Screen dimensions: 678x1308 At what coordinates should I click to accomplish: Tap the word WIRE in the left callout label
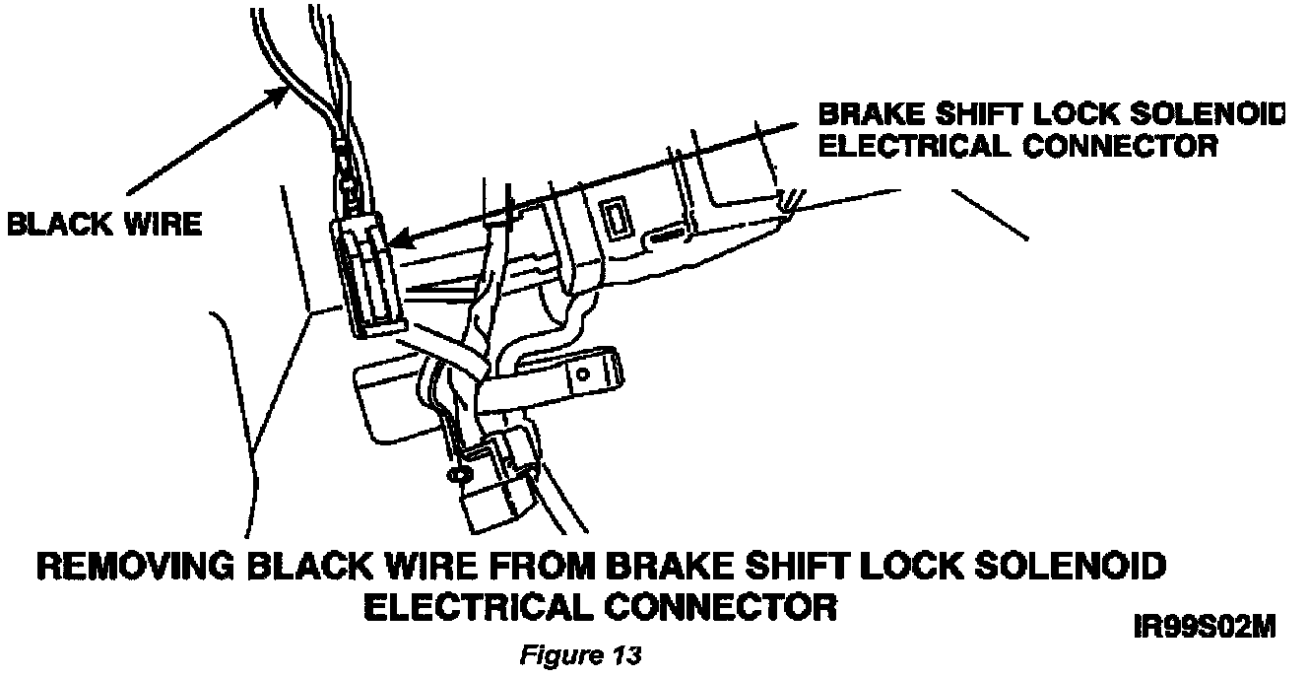159,225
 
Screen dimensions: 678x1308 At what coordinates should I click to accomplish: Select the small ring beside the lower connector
455,475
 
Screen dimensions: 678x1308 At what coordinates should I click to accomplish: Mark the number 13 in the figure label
626,655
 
